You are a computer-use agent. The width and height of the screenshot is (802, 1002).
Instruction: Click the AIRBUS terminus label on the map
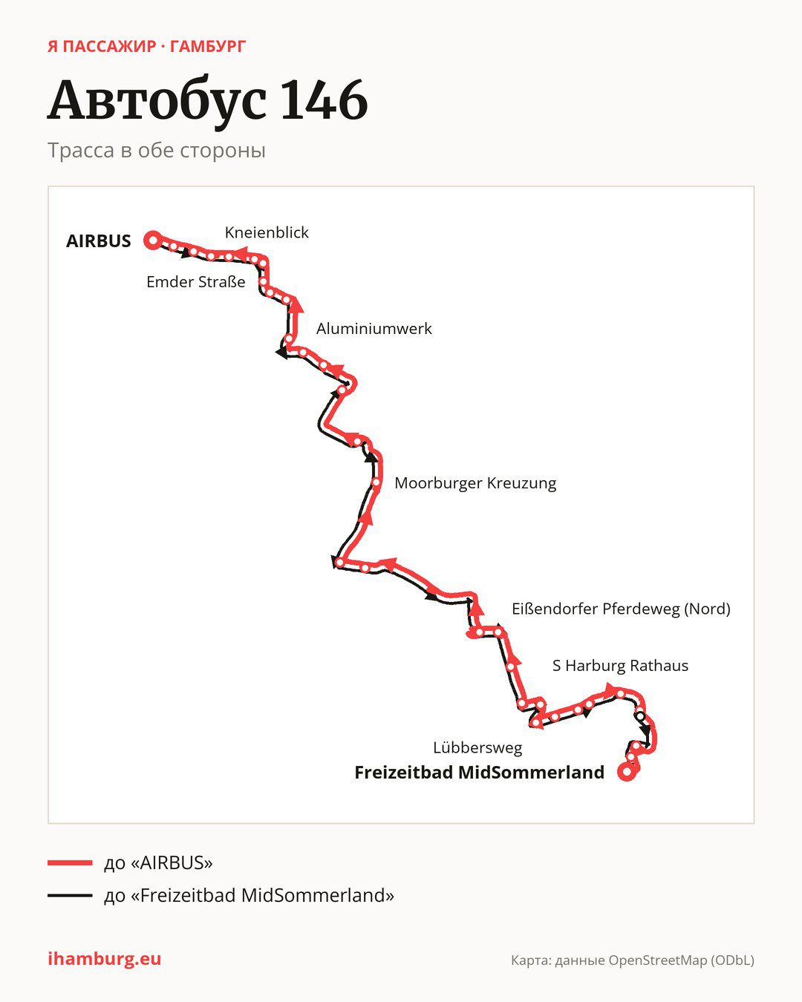pos(98,241)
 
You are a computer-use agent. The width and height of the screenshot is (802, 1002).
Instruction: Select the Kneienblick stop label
pos(267,232)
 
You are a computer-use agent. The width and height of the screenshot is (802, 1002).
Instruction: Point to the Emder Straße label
pos(196,282)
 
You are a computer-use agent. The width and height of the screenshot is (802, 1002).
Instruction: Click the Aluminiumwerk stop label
pos(374,329)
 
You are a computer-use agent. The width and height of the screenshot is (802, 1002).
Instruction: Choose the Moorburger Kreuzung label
pos(475,483)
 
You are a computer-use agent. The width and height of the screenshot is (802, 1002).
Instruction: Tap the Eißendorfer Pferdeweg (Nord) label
pos(621,609)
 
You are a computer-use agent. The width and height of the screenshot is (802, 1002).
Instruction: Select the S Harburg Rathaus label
pos(620,666)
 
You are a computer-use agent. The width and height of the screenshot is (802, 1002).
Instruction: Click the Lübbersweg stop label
pos(477,747)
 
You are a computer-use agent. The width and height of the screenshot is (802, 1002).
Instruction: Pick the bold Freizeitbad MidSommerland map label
pos(479,773)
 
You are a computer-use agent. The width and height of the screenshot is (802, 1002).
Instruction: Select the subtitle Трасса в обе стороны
pos(157,151)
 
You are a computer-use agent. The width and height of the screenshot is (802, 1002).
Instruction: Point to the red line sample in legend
pos(70,862)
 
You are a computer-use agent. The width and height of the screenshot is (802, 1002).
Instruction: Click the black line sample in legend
pos(70,895)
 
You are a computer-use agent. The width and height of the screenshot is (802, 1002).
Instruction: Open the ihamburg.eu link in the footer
pos(105,959)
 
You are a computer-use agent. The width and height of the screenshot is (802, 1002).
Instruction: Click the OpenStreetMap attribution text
pos(633,960)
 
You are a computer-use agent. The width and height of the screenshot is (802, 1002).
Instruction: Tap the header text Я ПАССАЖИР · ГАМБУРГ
pos(146,47)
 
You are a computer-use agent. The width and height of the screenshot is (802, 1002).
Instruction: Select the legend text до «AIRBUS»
pos(158,862)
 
